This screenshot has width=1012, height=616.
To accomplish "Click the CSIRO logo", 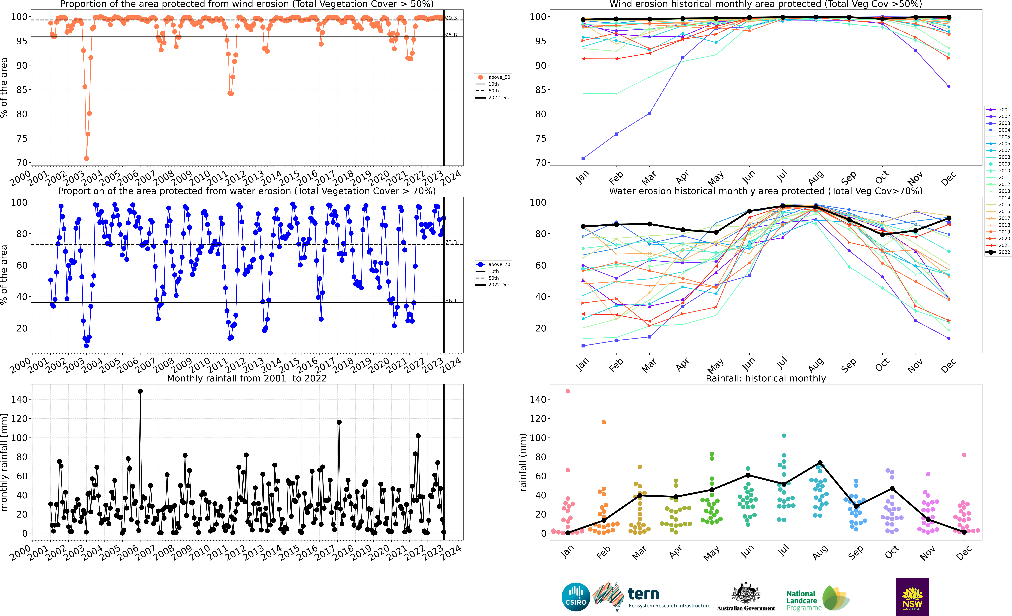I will (576, 597).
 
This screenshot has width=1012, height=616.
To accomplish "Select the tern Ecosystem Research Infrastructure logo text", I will (669, 598).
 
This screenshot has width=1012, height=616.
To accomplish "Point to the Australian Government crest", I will (745, 593).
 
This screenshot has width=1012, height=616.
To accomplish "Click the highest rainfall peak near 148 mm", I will (140, 391).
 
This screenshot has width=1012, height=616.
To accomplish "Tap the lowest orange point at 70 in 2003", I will (86, 159).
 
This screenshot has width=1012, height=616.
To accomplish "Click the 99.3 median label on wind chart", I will (451, 18).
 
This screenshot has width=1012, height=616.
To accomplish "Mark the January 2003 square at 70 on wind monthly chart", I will (583, 159).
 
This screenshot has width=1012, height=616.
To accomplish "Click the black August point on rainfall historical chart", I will (820, 463).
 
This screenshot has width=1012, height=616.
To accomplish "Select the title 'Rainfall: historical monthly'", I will (766, 378).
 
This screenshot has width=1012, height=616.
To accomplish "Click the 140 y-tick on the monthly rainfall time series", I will (19, 399).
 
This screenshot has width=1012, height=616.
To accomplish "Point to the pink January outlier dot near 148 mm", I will (568, 391).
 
